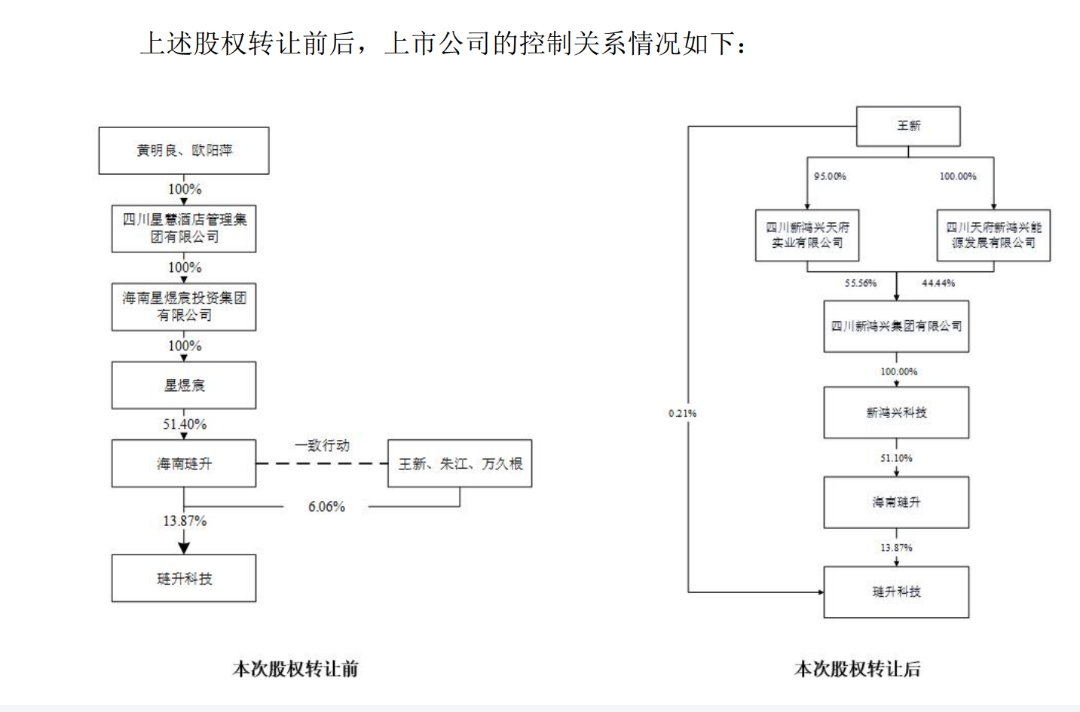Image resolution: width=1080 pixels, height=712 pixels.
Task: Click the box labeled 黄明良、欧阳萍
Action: click(184, 151)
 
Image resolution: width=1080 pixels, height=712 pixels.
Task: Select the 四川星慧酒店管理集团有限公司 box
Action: click(184, 228)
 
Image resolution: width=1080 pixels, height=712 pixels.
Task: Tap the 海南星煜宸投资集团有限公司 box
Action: click(184, 307)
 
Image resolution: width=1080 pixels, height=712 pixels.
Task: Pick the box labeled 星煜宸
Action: click(184, 385)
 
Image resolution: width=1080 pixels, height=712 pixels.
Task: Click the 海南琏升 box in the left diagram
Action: click(184, 463)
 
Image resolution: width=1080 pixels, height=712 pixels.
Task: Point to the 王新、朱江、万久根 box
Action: click(460, 463)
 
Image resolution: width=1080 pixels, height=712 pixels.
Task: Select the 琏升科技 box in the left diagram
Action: click(184, 578)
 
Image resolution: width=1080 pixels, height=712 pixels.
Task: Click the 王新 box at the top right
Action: click(908, 126)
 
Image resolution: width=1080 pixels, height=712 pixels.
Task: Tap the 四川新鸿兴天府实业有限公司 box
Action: click(807, 235)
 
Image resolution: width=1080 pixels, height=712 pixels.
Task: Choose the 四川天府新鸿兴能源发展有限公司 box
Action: click(993, 235)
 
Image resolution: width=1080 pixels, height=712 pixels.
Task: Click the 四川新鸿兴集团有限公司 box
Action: click(896, 326)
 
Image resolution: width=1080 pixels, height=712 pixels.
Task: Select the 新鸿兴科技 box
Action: click(896, 412)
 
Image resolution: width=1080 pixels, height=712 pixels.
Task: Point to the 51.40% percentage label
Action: click(185, 424)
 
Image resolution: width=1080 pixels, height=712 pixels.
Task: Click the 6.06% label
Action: click(326, 506)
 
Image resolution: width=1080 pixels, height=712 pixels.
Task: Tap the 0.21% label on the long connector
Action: click(682, 413)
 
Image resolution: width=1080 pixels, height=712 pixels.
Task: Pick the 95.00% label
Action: click(830, 176)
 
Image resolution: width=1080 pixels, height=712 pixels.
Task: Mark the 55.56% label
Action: click(860, 283)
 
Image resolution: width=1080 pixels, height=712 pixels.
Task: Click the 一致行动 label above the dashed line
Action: click(322, 445)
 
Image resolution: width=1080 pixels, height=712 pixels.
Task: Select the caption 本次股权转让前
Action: click(295, 668)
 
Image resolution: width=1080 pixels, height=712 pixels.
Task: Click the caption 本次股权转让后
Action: click(858, 668)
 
